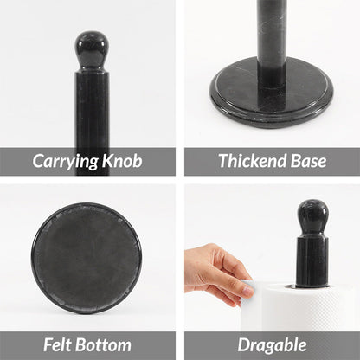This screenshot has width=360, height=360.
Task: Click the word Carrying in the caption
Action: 66,161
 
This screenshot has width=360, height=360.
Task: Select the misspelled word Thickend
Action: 252,161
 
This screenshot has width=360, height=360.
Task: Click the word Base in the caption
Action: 308,161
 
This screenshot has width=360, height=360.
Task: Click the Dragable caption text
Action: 272,345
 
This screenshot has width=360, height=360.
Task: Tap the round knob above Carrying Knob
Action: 91,48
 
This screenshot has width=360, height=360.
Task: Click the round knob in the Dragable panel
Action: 312,216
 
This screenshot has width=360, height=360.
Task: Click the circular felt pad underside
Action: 86,258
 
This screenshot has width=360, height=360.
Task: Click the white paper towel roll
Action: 303,307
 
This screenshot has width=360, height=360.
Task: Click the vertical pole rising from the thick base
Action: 271,39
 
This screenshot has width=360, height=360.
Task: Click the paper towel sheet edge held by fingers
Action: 247,288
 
